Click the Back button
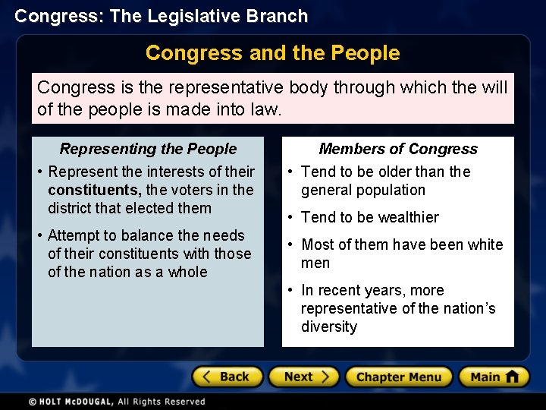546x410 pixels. click(x=227, y=377)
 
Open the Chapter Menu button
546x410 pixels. click(x=399, y=377)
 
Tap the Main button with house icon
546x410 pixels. click(x=494, y=377)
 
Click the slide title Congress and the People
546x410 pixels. click(x=272, y=53)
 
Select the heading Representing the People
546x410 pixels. click(x=148, y=150)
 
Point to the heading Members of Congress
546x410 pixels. click(x=398, y=150)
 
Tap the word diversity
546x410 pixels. click(x=328, y=326)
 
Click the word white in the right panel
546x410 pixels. click(x=485, y=244)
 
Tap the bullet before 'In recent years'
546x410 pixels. click(x=291, y=291)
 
